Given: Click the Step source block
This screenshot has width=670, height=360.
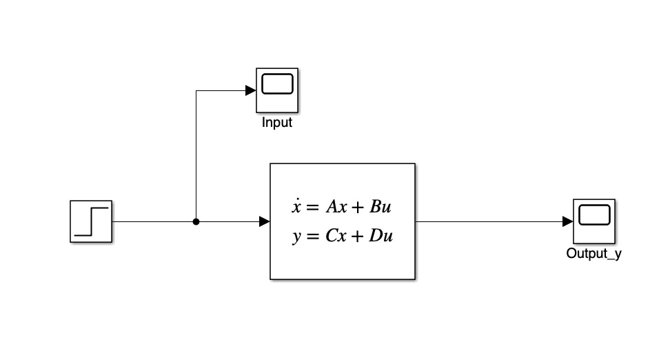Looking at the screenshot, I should pos(90,221).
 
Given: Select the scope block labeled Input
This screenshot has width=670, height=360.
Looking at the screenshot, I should pos(277,90).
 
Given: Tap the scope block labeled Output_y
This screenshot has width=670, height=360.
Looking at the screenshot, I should pos(593,221).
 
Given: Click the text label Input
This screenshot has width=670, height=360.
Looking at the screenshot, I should pos(277,123).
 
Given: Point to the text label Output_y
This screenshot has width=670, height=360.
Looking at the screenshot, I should pos(593,253).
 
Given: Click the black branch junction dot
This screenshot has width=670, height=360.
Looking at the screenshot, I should pos(196,222).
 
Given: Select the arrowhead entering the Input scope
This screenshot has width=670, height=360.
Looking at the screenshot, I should pos(251,90).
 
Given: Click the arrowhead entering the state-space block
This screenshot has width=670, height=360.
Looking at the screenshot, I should pos(264,221).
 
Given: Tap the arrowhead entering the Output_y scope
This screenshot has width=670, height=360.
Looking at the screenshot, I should pos(567,221).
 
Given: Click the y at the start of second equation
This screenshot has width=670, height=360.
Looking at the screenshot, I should pos(296,237).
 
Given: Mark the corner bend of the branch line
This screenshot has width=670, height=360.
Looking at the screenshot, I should pos(196,90).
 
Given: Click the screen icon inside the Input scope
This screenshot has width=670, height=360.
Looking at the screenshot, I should pos(277,85).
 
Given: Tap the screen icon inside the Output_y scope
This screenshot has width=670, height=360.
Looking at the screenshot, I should pos(593,216).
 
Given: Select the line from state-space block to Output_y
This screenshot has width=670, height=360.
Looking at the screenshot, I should pos(489,221).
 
